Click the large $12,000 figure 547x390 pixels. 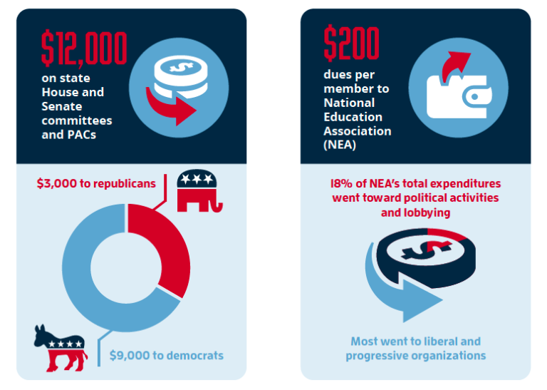(84, 48)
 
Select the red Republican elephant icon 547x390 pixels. (198, 192)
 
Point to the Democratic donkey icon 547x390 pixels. (59, 347)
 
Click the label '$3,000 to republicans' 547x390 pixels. (96, 183)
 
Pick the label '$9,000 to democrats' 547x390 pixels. (166, 355)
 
